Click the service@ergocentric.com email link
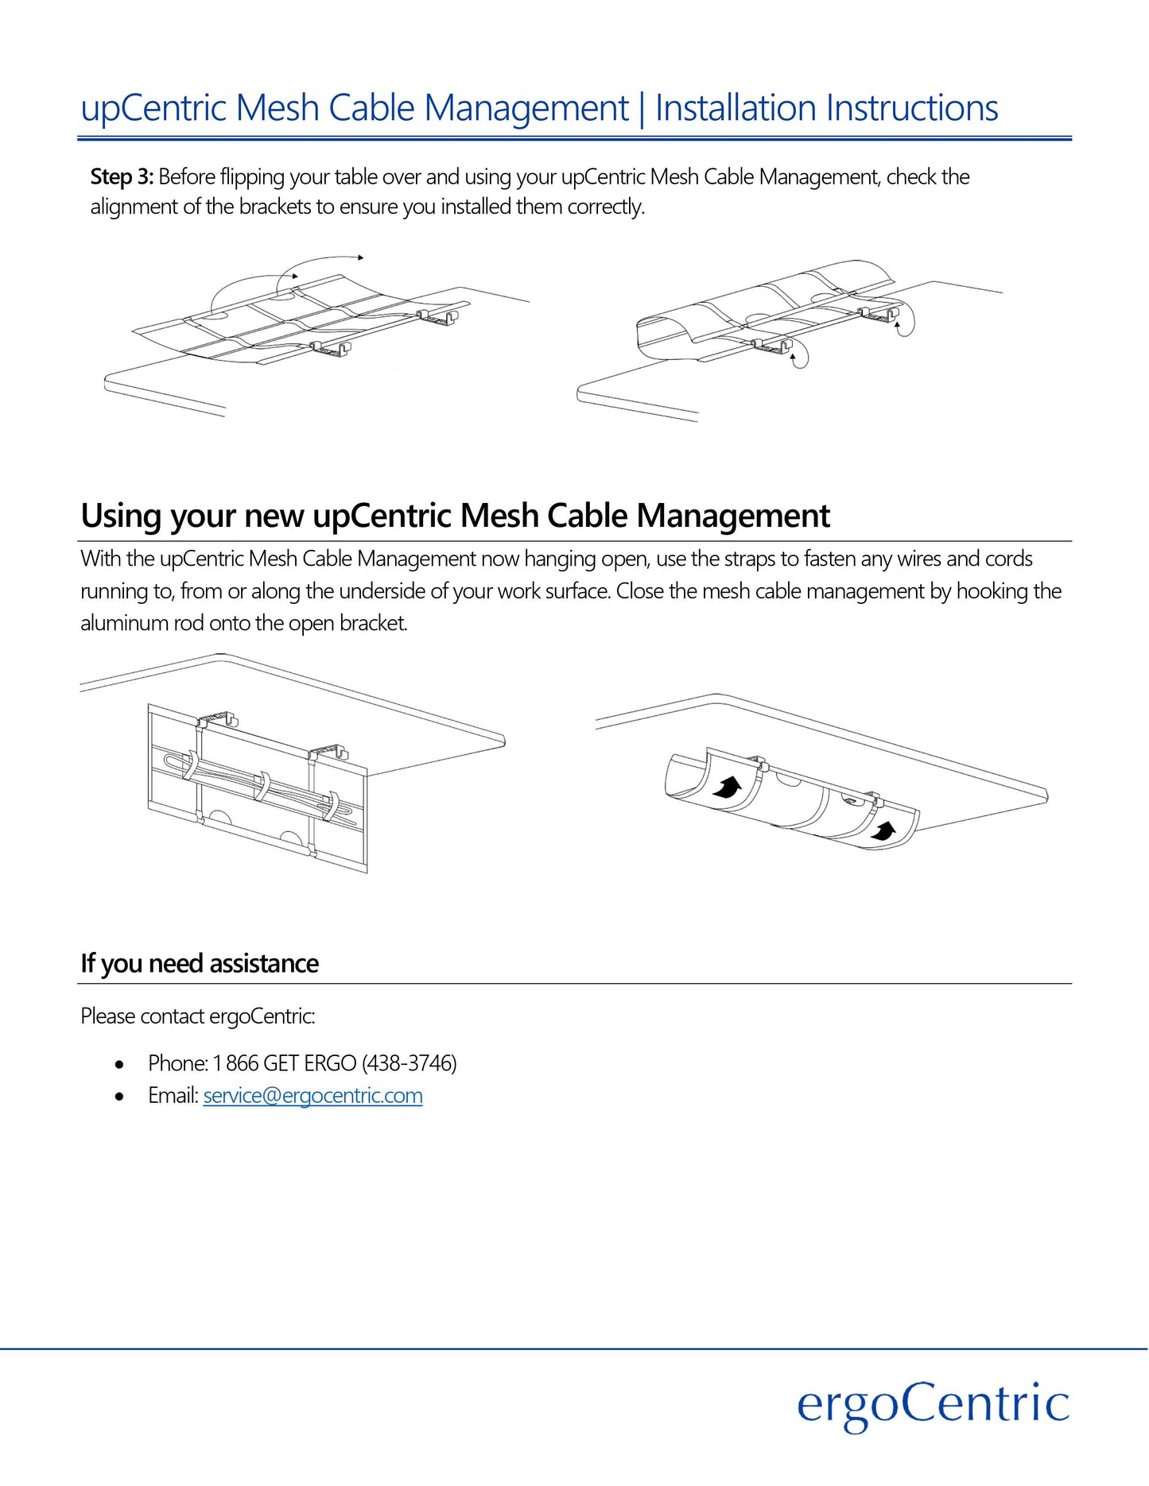[312, 1096]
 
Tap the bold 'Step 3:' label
[122, 176]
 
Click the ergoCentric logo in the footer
[933, 1404]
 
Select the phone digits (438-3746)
[410, 1063]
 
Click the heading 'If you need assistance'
[200, 963]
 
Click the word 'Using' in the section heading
[121, 517]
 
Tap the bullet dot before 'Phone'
[119, 1064]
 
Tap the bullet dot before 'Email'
[119, 1097]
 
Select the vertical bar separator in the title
[642, 108]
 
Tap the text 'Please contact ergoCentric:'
[198, 1016]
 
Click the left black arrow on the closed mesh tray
[727, 788]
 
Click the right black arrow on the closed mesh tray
[883, 831]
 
